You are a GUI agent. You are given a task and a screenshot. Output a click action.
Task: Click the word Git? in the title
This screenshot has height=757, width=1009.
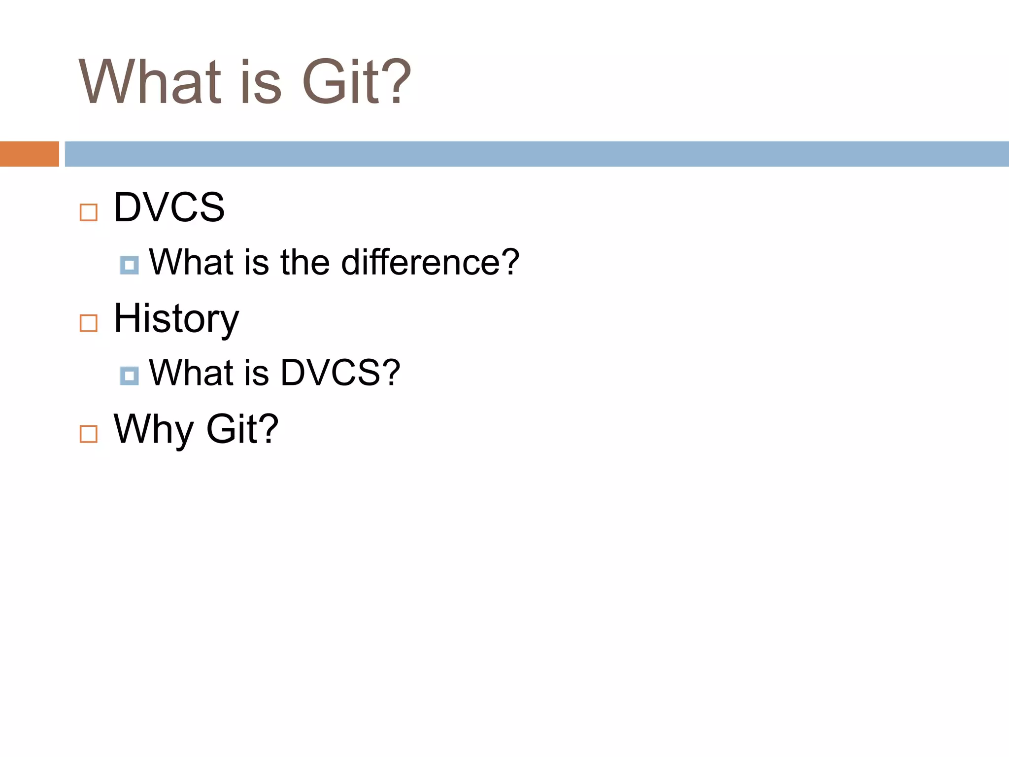coord(356,82)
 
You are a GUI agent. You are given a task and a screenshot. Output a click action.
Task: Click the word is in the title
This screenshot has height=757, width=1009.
coord(261,82)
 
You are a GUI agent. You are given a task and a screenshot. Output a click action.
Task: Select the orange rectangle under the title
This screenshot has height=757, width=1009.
coord(29,154)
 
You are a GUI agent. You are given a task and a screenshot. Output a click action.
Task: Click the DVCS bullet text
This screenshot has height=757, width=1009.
coord(169,207)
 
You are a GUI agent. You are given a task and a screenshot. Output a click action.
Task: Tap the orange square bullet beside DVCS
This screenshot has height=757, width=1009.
coord(89,212)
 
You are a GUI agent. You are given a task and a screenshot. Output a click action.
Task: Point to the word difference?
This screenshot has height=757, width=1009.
coord(430,262)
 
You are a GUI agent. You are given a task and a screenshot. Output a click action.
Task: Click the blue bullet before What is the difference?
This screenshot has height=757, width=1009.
coord(129,265)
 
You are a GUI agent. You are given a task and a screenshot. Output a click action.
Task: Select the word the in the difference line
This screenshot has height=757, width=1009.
coord(305,262)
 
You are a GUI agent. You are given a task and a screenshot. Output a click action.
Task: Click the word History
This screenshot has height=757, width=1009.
coord(176,319)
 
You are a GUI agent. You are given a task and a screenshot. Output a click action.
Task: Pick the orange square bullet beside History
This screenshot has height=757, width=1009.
coord(89,323)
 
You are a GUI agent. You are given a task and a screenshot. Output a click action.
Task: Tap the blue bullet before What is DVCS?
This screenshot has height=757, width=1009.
coord(129,376)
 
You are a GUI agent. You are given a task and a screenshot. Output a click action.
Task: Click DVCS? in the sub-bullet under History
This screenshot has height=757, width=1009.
coord(340,373)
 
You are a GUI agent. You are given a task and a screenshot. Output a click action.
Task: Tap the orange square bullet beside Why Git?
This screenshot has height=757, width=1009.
coord(89,434)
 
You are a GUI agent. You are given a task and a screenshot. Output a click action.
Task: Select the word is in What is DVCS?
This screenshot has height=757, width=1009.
coord(256,373)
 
